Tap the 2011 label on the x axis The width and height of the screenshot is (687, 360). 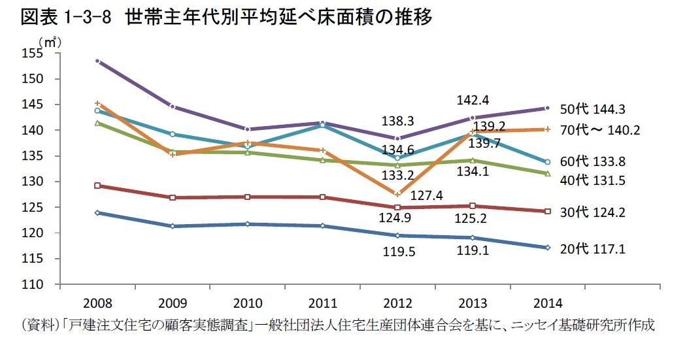click(x=322, y=304)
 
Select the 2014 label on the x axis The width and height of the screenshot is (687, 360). click(x=547, y=304)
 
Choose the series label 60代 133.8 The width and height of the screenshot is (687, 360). click(x=597, y=161)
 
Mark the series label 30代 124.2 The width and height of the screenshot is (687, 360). click(x=597, y=212)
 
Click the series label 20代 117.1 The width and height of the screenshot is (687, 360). click(x=597, y=249)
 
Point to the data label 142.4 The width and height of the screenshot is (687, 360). click(x=472, y=100)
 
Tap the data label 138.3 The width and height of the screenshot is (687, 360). click(x=399, y=121)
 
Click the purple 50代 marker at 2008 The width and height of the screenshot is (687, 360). click(x=97, y=61)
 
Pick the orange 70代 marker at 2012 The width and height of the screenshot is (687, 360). click(x=397, y=194)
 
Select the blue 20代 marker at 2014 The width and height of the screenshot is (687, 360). click(x=547, y=247)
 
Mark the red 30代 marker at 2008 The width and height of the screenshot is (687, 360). click(x=97, y=186)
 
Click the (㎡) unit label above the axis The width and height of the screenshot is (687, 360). click(x=50, y=41)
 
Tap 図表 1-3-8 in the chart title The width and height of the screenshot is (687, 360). click(x=73, y=17)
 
